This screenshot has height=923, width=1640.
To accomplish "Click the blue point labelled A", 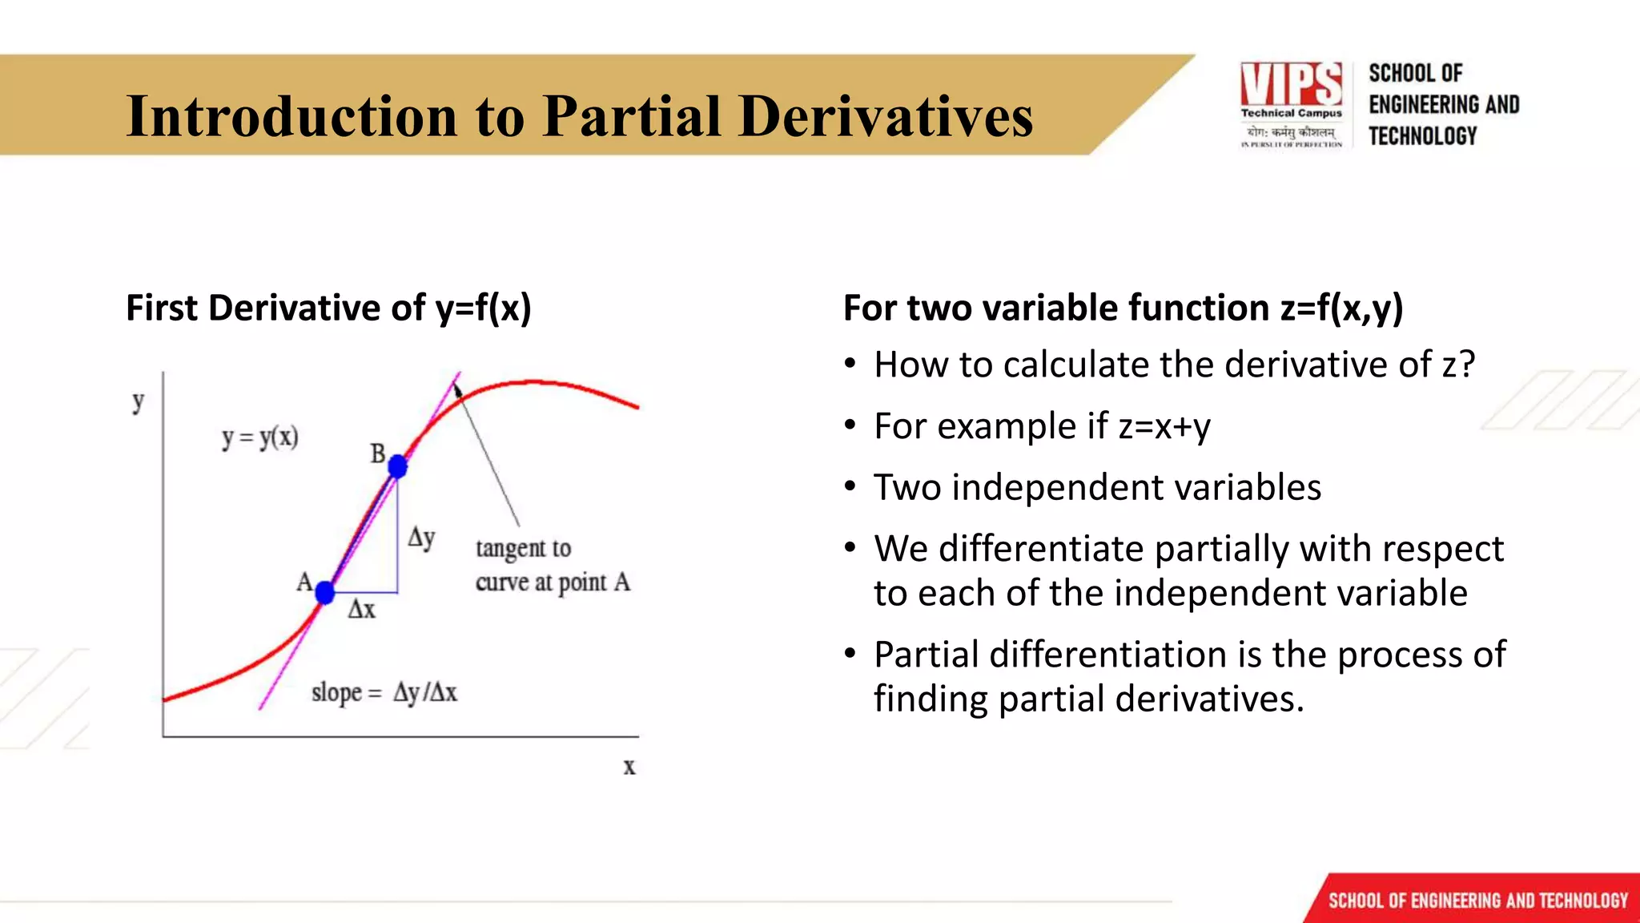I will coord(324,593).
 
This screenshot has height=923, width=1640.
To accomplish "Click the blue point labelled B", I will coord(397,466).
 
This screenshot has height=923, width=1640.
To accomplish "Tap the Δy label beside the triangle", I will coord(421,537).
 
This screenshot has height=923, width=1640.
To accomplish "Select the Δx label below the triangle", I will coord(361,610).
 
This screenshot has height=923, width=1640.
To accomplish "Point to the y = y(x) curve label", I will coord(259,437).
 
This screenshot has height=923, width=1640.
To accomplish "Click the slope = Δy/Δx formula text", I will coord(384,692).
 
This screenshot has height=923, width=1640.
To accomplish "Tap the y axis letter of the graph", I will coord(139,401).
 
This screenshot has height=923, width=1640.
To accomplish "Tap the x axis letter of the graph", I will coord(629,767).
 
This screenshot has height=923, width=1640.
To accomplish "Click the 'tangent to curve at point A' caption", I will coord(552,565).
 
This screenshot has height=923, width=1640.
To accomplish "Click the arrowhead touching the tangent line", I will coord(458,392).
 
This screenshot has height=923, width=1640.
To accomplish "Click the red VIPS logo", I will coord(1291,83).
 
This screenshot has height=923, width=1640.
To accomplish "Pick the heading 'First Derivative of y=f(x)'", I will coord(328,308).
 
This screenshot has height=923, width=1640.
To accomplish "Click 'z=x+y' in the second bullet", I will coord(1164,426).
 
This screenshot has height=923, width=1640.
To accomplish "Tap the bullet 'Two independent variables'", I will coord(1097,487).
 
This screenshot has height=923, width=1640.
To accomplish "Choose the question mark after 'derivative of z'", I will coord(1466,365).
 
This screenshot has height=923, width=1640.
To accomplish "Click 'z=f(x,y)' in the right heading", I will coord(1341,308).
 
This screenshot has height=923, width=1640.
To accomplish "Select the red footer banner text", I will coord(1477,901).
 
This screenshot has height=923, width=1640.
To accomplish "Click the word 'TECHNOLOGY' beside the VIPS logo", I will coord(1422,136).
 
